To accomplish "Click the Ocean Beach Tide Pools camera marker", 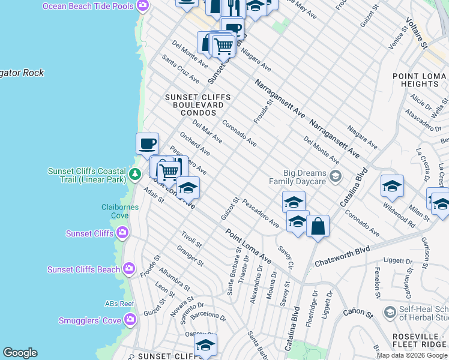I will tap(142, 6).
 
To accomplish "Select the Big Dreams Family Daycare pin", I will tap(335, 176).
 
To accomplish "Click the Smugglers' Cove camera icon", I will tap(130, 320).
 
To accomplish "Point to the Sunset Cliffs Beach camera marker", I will tap(128, 269).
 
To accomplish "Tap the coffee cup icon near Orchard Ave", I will tap(148, 144).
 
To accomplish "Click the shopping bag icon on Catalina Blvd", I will tap(318, 227).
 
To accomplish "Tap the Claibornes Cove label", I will tap(120, 211).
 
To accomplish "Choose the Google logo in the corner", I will tap(20, 353).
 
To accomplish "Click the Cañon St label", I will tap(358, 312).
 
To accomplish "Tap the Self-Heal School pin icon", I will tap(391, 312).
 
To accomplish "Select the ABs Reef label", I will tap(119, 304).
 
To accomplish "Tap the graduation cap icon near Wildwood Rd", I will tap(392, 185).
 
